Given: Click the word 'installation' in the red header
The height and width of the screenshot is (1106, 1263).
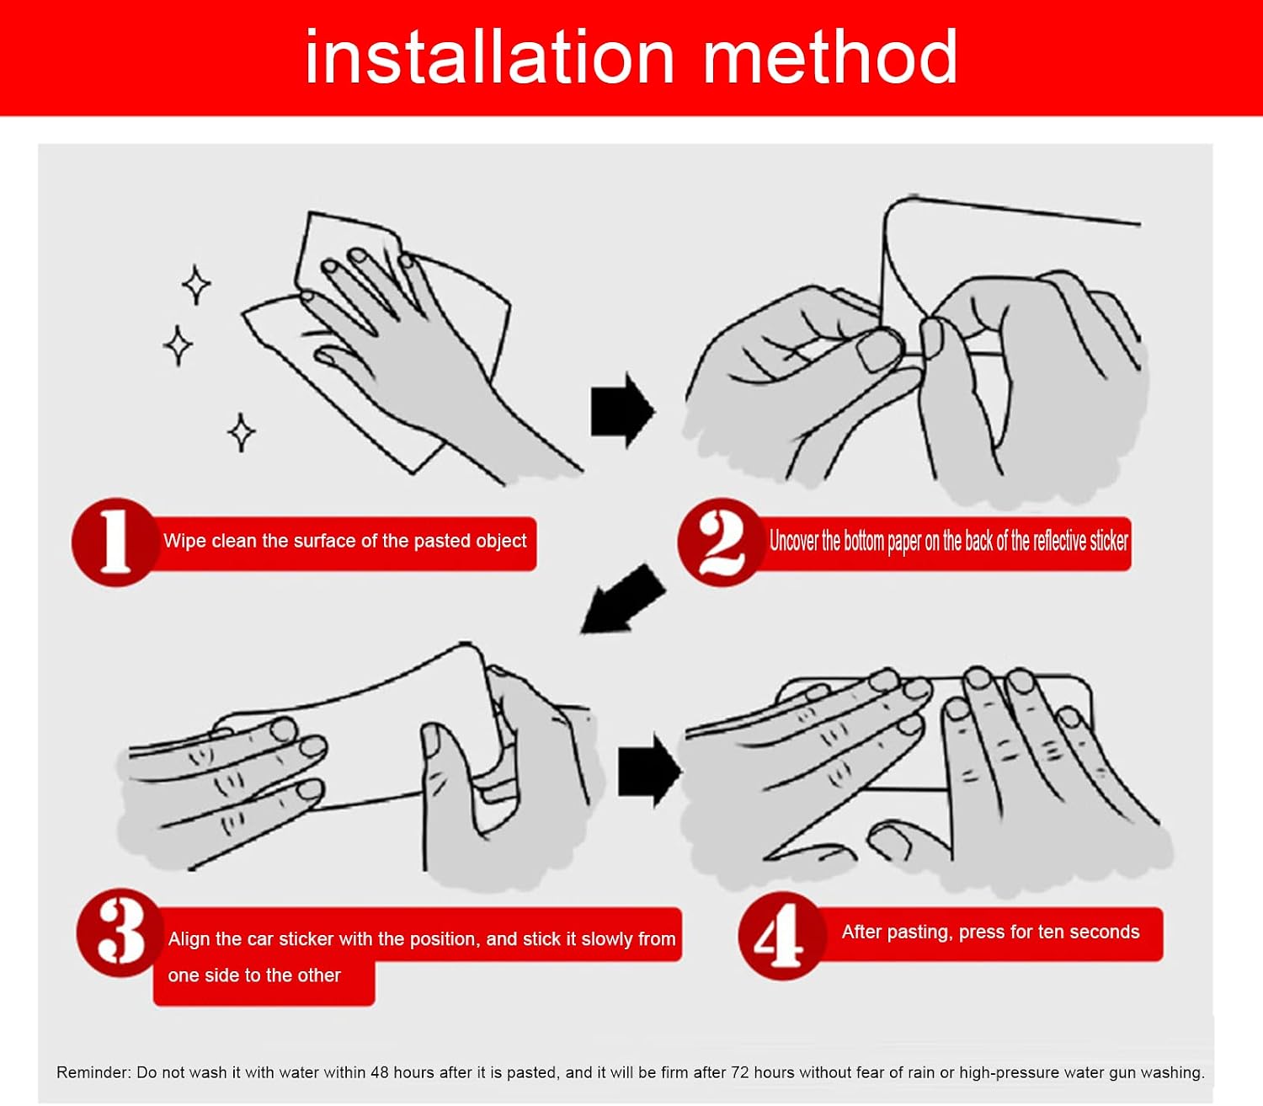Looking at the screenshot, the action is [x=489, y=56].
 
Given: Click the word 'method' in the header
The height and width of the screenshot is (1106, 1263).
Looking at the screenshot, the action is [x=831, y=56].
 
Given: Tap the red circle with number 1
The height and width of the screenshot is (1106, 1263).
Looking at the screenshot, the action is [x=115, y=542].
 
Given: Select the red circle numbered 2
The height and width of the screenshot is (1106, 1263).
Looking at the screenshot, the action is [x=721, y=542].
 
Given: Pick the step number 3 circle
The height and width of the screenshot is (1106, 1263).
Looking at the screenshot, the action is [x=121, y=933].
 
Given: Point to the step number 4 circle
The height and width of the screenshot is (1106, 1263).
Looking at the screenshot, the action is [x=781, y=936].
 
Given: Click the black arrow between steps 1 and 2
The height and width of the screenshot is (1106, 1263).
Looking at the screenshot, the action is [x=622, y=410].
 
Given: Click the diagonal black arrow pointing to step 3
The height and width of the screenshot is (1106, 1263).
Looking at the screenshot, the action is [x=622, y=600].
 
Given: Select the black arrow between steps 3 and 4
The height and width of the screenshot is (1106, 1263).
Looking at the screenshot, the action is [x=649, y=771].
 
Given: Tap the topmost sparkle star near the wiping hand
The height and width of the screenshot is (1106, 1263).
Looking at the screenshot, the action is [x=196, y=285].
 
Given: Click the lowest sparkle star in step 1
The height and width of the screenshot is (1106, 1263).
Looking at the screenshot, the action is [x=242, y=432].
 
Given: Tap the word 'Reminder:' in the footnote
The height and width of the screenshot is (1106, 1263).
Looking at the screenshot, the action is [x=93, y=1072].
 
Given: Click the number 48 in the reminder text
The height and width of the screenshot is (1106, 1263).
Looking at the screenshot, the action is [x=379, y=1072].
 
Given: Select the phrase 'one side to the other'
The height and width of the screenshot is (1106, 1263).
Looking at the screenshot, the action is [x=254, y=975].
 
